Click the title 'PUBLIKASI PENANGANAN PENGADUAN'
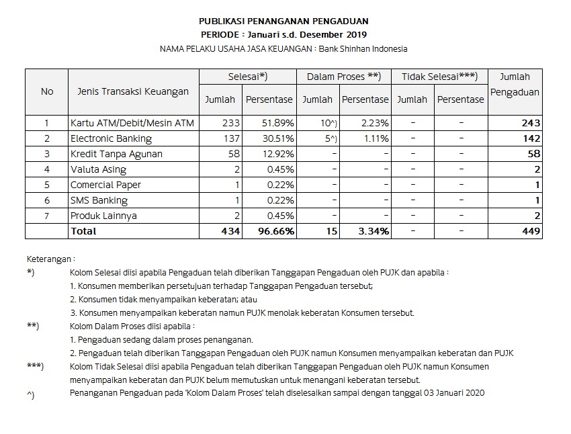[x=283, y=21]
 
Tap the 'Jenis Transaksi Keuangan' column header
[x=130, y=92]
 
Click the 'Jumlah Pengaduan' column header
[x=515, y=84]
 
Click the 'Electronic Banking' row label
[x=111, y=138]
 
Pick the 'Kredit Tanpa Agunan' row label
[x=116, y=154]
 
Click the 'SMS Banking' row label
[x=99, y=200]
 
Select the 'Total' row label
[x=83, y=231]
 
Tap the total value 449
[x=530, y=231]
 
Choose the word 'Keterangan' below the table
[x=50, y=259]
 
